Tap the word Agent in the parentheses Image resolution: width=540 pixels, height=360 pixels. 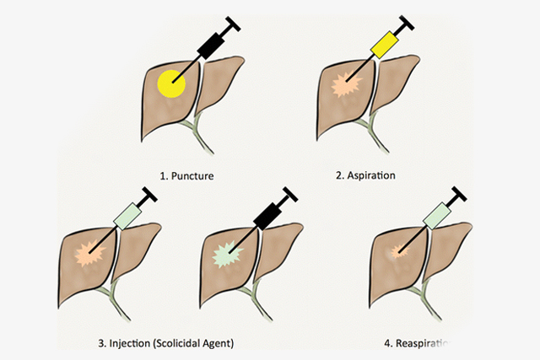(x=221, y=343)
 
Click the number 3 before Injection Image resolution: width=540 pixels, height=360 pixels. (x=101, y=343)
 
